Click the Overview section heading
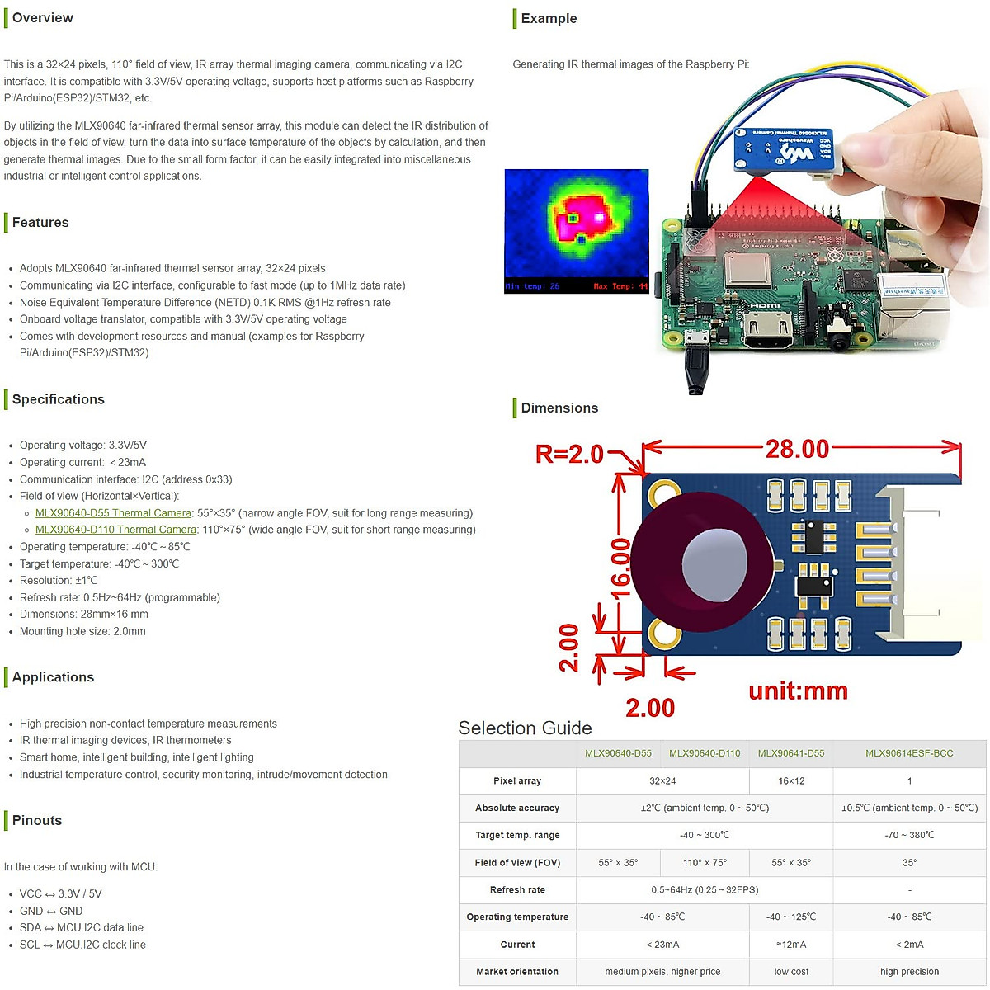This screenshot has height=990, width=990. tap(42, 18)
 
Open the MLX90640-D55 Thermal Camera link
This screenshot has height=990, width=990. tap(113, 513)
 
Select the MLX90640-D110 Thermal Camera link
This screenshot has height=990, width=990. tap(115, 530)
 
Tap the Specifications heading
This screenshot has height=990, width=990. tap(58, 399)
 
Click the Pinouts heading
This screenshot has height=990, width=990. tap(37, 821)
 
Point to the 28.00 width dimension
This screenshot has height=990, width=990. tap(797, 449)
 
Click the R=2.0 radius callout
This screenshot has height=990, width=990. tap(570, 454)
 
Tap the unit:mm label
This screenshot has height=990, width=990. tap(798, 691)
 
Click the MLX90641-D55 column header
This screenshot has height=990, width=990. tap(791, 753)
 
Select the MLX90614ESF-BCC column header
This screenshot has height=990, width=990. tap(909, 753)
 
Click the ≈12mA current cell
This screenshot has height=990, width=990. tap(791, 945)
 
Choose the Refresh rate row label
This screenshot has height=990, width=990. tap(517, 890)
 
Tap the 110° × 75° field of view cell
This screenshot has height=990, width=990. tap(705, 863)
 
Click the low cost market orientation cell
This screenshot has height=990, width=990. tap(791, 972)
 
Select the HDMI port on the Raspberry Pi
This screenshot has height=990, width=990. tap(768, 330)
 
